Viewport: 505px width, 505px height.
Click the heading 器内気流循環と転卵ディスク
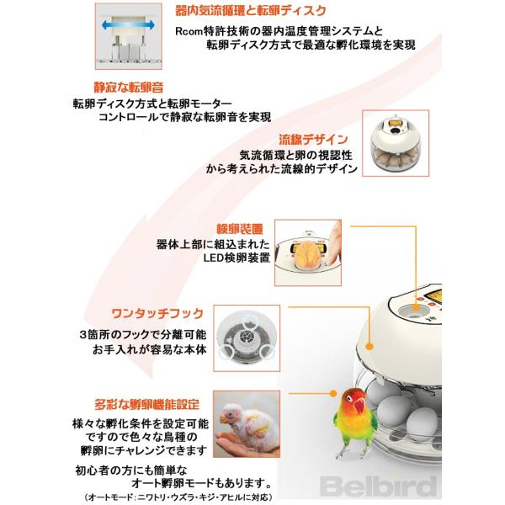pos(251,11)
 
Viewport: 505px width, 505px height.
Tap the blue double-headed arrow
pos(128,25)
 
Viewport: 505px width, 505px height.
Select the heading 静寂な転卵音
pos(129,87)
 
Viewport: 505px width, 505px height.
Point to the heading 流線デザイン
pos(313,140)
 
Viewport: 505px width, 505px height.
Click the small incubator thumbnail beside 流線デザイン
pos(396,143)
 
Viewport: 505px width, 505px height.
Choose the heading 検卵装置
pos(240,229)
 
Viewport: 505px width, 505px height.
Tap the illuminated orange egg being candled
pos(307,253)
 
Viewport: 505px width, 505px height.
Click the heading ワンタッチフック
pos(157,313)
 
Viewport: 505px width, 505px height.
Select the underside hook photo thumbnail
pos(247,338)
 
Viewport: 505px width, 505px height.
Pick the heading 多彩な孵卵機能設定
pos(146,404)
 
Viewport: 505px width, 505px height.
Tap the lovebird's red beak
pos(359,406)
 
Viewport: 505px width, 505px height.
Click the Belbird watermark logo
pos(379,486)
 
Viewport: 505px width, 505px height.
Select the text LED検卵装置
pos(237,258)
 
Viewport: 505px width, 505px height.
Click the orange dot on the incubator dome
pos(369,347)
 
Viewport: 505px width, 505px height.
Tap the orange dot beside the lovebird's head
pos(333,393)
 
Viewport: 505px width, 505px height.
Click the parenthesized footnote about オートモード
pos(178,497)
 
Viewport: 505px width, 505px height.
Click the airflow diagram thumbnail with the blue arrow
pos(128,36)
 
